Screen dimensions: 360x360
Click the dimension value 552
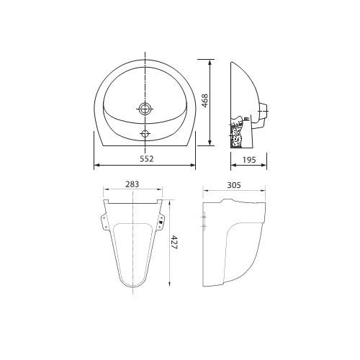point(146,159)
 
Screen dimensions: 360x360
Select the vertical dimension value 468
point(204,101)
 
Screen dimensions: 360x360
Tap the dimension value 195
point(249,160)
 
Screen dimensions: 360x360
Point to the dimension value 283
point(132,184)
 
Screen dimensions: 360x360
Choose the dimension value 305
point(234,185)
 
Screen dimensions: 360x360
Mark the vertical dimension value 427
point(174,243)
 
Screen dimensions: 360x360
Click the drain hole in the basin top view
point(145,109)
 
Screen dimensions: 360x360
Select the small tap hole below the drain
point(145,133)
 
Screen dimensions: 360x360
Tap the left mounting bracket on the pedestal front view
point(104,221)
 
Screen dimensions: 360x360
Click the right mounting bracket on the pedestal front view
point(161,221)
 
